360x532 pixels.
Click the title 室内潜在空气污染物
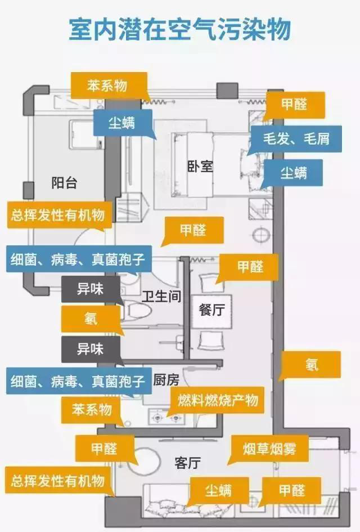[179, 30]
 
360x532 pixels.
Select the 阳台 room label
[64, 183]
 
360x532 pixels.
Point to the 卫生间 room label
[161, 296]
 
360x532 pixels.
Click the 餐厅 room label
[211, 309]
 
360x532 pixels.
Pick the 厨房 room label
[166, 380]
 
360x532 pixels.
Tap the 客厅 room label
[188, 463]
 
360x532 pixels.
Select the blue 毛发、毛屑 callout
[296, 138]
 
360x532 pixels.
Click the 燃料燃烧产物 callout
[218, 400]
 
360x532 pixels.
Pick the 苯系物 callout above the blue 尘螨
[107, 86]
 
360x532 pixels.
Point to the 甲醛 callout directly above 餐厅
[249, 267]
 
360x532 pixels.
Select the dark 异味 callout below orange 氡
[91, 350]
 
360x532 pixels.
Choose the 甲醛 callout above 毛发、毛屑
[294, 105]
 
